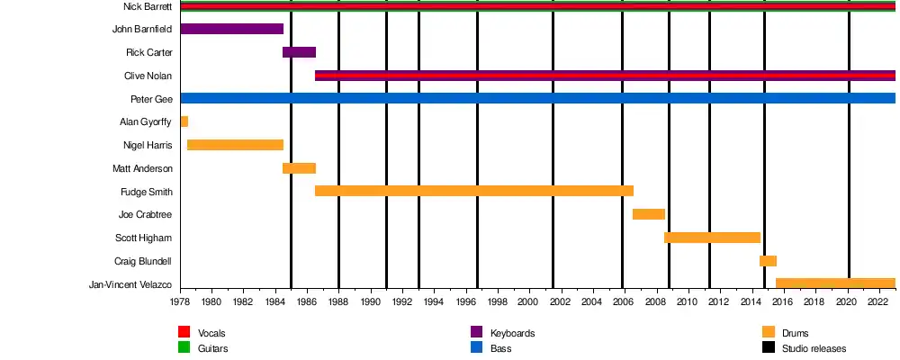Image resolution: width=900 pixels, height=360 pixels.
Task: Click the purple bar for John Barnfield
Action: point(231,29)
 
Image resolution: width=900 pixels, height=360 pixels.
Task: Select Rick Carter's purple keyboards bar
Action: point(299,52)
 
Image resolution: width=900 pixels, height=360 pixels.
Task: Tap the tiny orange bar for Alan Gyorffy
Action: point(184,121)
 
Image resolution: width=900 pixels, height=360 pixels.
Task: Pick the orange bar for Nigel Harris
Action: point(235,145)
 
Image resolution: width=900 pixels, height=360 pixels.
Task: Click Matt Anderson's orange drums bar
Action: point(299,168)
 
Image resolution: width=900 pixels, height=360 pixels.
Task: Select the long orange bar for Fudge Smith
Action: point(473,191)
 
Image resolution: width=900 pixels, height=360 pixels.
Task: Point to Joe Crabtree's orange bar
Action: point(648,214)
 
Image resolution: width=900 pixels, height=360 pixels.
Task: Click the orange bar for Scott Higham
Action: point(712,238)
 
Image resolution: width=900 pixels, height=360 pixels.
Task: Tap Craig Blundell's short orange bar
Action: point(768,261)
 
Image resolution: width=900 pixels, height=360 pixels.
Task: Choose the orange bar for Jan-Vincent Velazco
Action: point(835,283)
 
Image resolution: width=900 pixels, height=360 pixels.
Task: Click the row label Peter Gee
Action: point(151,99)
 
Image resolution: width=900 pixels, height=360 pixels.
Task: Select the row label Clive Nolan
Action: point(148,76)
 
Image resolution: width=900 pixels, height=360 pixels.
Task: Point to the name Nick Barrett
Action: point(148,6)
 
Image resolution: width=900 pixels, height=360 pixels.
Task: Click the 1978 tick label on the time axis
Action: point(180,301)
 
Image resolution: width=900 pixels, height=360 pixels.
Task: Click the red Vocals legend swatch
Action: point(184,332)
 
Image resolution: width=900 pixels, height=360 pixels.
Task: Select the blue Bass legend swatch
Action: point(477,347)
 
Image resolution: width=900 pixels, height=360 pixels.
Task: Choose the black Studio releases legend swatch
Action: point(769,347)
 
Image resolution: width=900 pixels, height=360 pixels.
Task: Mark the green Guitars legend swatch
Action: point(184,347)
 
